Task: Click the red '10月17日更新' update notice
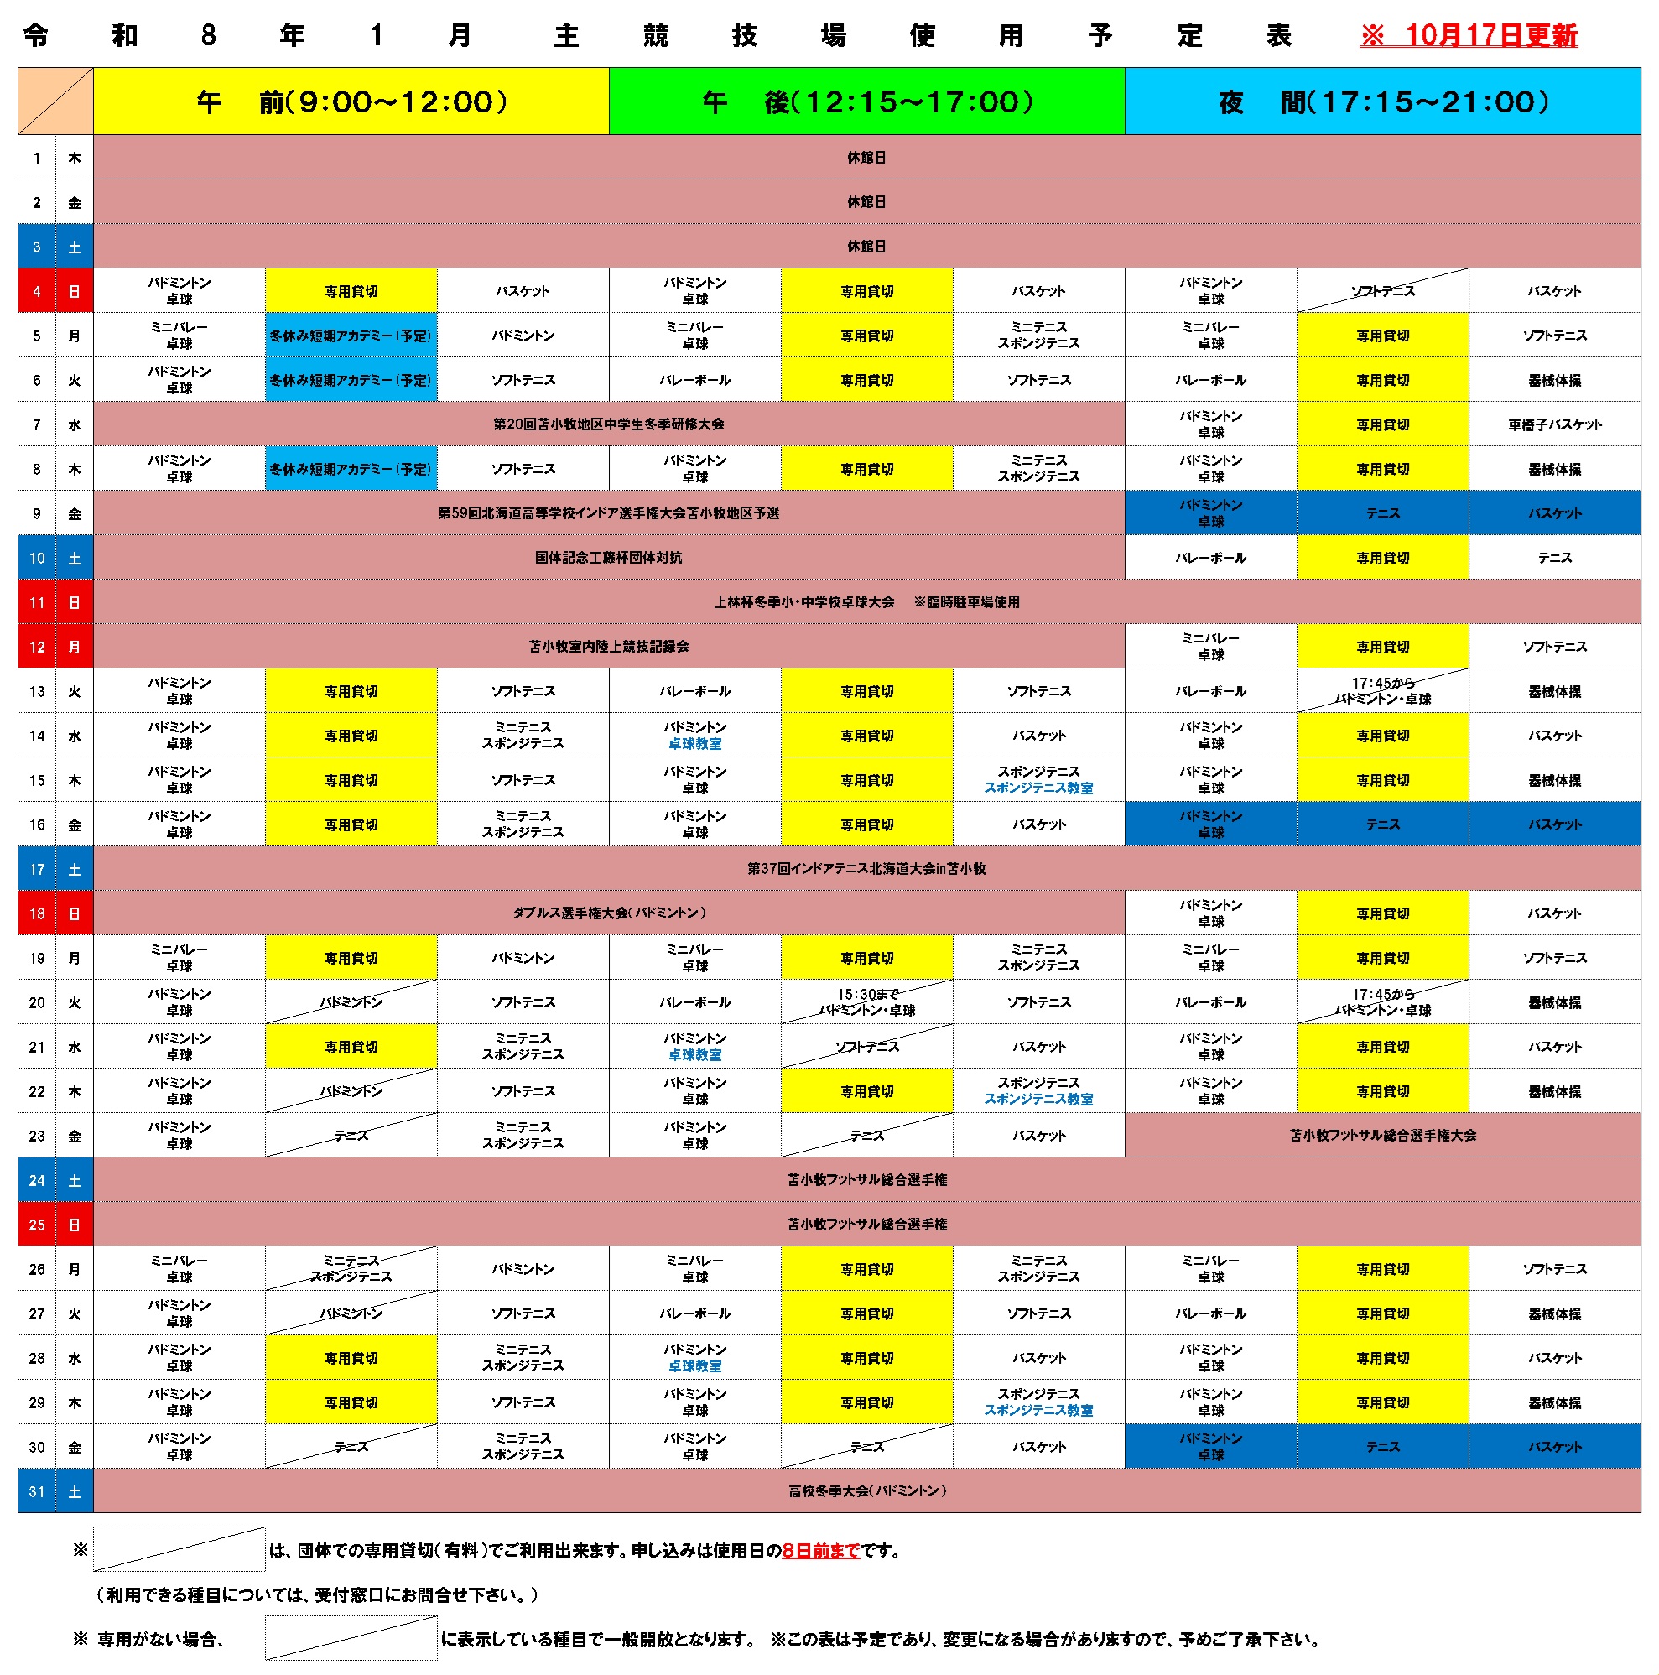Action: (x=1468, y=35)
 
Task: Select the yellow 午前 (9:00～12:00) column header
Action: (x=351, y=102)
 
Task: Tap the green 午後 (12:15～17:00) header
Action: (x=866, y=102)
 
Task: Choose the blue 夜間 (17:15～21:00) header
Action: (x=1382, y=102)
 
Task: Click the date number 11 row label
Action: (x=36, y=602)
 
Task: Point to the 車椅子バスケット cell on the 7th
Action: (x=1554, y=424)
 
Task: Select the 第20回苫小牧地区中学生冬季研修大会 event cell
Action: (x=608, y=424)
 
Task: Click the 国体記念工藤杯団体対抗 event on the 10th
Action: (x=608, y=558)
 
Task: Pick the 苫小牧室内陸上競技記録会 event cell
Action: (x=608, y=647)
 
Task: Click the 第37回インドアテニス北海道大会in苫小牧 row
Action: (x=866, y=869)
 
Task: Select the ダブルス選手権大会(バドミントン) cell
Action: (x=608, y=913)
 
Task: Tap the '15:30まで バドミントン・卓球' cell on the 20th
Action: (x=866, y=1002)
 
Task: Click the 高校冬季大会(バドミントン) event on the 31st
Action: (x=866, y=1491)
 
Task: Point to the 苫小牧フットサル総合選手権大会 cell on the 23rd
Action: (x=1382, y=1136)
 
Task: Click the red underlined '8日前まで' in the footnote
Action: (x=820, y=1551)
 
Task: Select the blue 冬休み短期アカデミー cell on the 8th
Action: (x=351, y=469)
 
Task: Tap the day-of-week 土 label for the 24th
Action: (x=75, y=1181)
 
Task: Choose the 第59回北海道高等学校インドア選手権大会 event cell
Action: (x=608, y=513)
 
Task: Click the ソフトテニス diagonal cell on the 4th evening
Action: (x=1382, y=291)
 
